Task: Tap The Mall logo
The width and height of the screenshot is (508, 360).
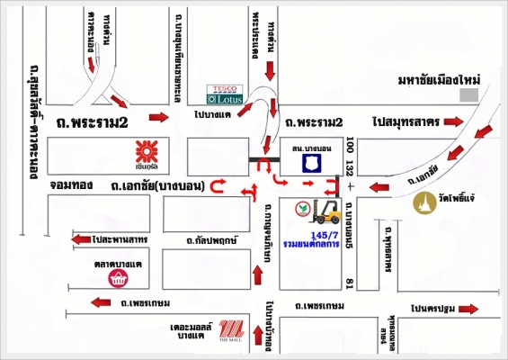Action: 232,330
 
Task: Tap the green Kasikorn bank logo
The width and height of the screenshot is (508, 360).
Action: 304,208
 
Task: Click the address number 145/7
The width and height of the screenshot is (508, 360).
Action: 323,232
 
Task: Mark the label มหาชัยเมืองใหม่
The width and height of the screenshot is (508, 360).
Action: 439,81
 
